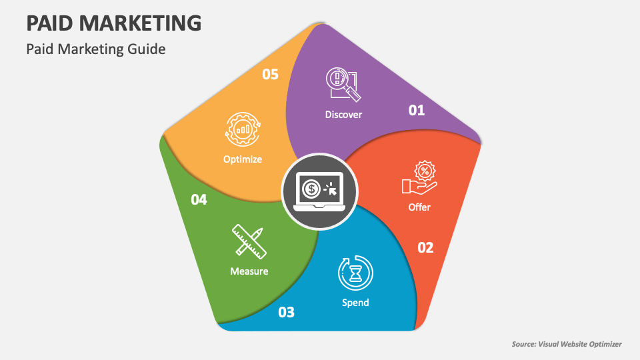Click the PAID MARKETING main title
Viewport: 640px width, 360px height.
click(113, 23)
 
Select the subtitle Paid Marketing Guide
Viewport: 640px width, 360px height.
click(95, 49)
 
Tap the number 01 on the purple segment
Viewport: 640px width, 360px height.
click(417, 110)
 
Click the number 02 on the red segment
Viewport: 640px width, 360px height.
click(425, 248)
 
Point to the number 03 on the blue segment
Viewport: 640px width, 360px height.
click(286, 312)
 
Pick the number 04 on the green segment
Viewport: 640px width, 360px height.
click(199, 199)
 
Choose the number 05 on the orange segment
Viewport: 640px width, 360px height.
click(270, 74)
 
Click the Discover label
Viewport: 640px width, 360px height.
click(343, 115)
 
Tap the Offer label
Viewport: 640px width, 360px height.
click(419, 207)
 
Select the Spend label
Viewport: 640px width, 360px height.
click(355, 303)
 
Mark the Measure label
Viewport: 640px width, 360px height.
click(249, 271)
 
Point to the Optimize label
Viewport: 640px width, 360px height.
click(243, 159)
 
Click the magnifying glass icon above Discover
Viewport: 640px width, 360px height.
click(343, 85)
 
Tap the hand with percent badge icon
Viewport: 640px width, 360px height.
click(419, 178)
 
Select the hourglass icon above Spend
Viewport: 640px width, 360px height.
click(356, 272)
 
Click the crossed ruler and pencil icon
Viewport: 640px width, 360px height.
click(249, 241)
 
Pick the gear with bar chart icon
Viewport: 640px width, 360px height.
click(243, 129)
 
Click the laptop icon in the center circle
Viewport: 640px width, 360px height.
click(320, 192)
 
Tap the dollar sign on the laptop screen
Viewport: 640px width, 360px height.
click(311, 189)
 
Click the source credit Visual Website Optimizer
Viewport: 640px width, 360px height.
click(567, 344)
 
